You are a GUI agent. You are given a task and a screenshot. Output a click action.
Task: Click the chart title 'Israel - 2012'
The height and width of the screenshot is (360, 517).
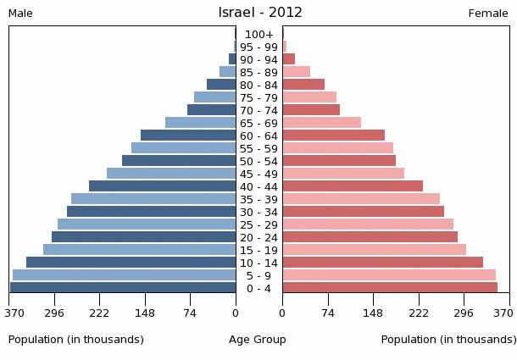[x=260, y=13]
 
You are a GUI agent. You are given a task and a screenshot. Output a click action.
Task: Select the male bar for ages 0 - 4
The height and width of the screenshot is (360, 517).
[x=123, y=288]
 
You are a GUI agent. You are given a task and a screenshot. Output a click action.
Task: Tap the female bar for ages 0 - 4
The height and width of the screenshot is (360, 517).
[x=390, y=288]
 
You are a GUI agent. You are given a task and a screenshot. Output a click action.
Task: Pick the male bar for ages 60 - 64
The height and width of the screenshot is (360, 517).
[x=188, y=136]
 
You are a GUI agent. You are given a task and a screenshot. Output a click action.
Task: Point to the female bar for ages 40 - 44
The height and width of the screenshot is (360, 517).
[x=353, y=186]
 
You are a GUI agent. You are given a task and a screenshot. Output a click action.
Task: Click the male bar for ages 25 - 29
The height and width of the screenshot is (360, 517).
[x=147, y=224]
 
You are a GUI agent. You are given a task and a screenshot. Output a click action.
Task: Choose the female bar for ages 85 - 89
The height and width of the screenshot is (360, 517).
[x=297, y=72]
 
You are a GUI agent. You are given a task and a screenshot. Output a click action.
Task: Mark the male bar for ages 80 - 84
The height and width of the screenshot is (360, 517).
[x=221, y=85]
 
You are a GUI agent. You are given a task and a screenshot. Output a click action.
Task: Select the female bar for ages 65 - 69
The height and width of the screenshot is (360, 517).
[x=322, y=123]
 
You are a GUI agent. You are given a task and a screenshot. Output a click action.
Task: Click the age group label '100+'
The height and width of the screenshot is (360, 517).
[x=258, y=35]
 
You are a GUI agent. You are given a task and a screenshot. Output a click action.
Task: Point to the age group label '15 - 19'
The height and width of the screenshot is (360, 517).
[x=258, y=251]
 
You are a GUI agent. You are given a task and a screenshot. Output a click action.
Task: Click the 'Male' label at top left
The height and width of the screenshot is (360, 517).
[x=20, y=14]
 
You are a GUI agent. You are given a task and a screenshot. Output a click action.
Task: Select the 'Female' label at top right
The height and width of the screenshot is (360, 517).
[x=488, y=14]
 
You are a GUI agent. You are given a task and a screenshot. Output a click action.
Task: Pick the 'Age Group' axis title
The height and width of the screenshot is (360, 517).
[x=258, y=340]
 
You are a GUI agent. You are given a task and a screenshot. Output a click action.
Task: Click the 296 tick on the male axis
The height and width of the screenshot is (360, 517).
[x=54, y=313]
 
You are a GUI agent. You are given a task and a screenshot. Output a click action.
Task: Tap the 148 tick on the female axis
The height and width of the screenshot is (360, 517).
[x=373, y=313]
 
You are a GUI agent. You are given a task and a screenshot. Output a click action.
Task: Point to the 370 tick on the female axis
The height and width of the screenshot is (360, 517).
[x=504, y=313]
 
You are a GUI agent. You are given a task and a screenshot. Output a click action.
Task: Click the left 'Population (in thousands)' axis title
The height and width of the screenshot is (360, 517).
[x=76, y=340]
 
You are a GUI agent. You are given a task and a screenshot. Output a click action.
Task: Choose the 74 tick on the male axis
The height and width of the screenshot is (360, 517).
[x=190, y=313]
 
